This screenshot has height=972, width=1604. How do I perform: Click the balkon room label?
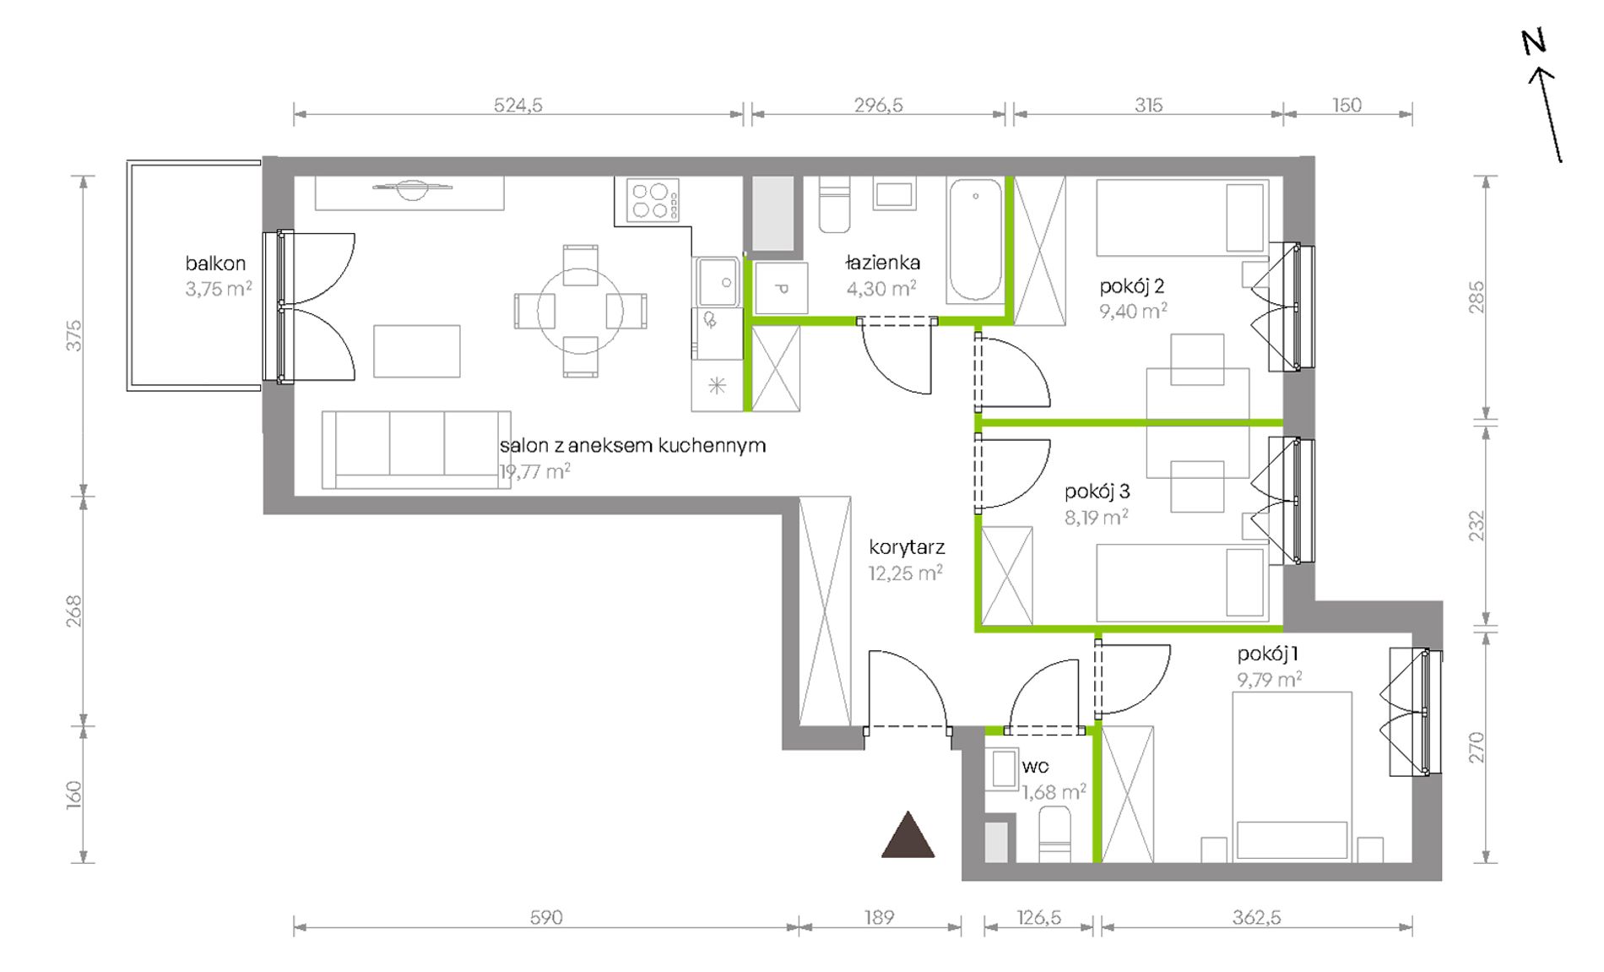[x=215, y=263]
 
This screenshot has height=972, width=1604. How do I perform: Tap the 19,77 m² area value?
[x=535, y=471]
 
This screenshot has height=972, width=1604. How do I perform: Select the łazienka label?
[x=882, y=263]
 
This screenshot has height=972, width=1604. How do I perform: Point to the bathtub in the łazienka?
[x=975, y=240]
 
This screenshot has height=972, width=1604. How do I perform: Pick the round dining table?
[x=581, y=311]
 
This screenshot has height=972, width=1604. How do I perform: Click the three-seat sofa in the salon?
[x=416, y=449]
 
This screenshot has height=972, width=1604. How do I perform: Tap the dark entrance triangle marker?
[x=908, y=835]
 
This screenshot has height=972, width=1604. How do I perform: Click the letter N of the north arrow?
[x=1534, y=41]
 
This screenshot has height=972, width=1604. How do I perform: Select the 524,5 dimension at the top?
[x=518, y=105]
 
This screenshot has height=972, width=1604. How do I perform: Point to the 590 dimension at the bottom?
[x=545, y=917]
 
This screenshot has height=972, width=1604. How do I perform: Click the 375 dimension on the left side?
[x=74, y=335]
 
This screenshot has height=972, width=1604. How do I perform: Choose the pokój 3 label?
[x=1097, y=491]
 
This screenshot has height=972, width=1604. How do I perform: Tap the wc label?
[x=1035, y=766]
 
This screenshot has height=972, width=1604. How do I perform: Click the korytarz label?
[x=907, y=547]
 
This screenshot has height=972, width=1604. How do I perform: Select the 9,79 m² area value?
[x=1270, y=679]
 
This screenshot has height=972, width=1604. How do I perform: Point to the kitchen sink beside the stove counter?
[x=718, y=282]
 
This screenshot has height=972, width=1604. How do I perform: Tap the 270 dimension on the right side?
[x=1476, y=747]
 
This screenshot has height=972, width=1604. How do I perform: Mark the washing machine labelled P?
[x=781, y=288]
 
